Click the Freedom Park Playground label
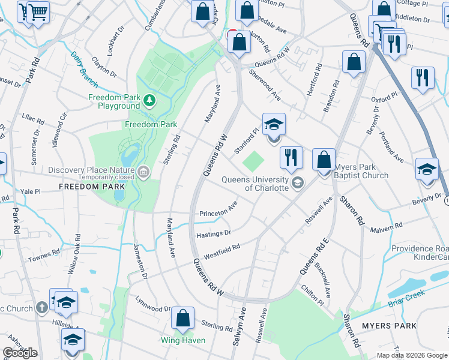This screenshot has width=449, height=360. (114, 101)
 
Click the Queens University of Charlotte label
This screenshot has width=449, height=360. (255, 183)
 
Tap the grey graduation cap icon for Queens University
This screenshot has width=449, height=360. (297, 183)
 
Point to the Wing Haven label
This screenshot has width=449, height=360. (183, 340)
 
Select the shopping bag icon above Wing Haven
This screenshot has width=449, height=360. (182, 318)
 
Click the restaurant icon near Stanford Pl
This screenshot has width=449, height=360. (291, 157)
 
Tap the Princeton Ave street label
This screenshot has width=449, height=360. (218, 211)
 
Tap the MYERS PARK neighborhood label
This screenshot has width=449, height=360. (391, 326)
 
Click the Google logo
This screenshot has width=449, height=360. (20, 353)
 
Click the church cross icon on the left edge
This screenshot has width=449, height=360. (41, 308)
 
